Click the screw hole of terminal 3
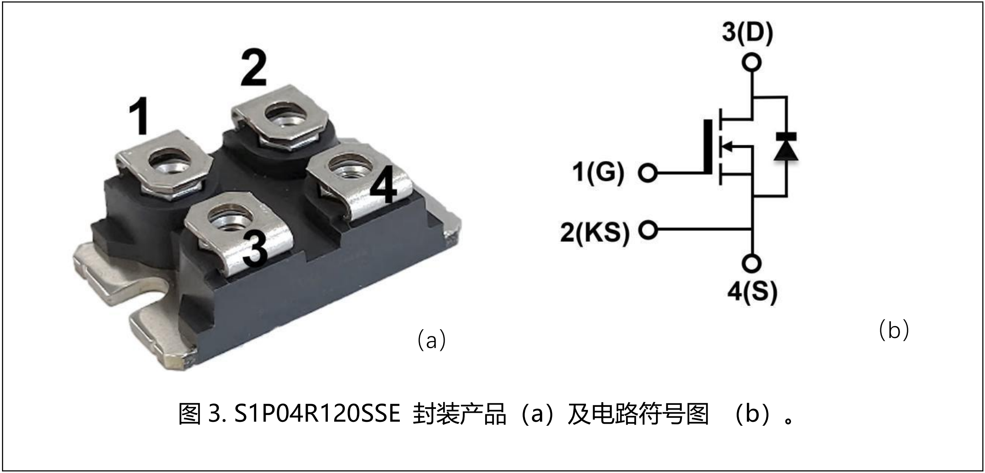(230, 219)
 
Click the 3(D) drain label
(748, 32)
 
